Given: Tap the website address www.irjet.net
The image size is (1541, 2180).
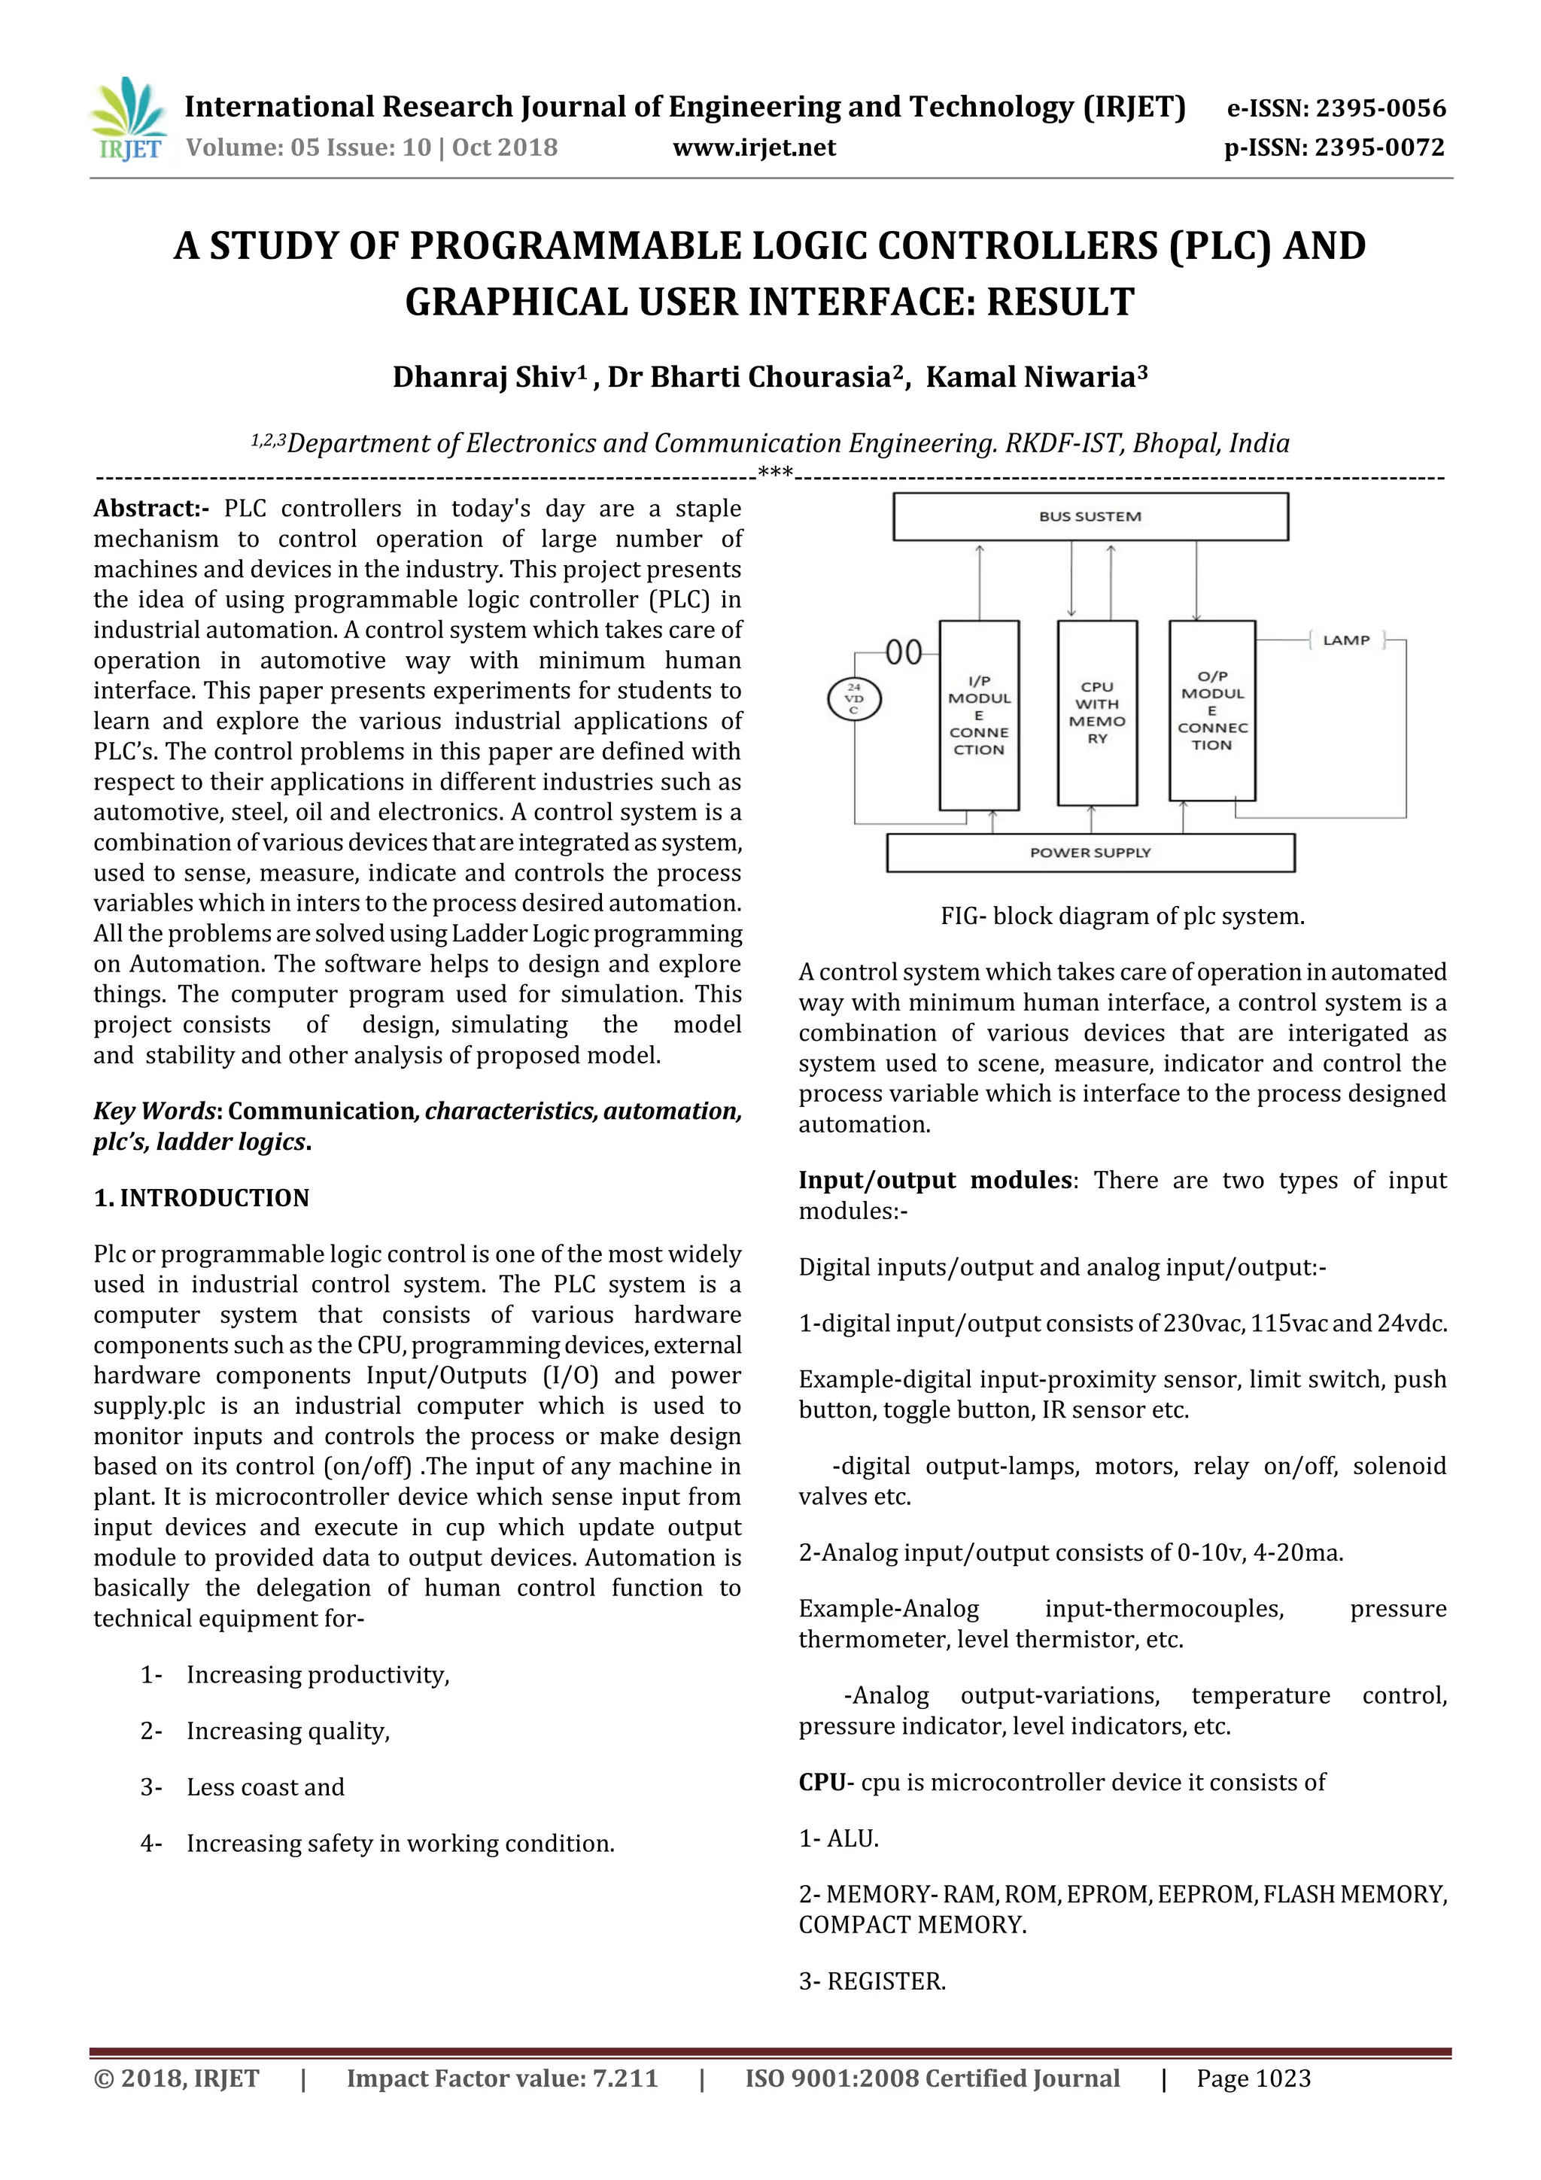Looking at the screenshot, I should (x=754, y=148).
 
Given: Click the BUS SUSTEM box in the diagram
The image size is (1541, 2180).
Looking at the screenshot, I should (x=1090, y=516).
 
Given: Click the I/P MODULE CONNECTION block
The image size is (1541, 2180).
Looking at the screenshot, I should (x=979, y=715).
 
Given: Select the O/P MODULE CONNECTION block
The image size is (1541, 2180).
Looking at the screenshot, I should (x=1211, y=710).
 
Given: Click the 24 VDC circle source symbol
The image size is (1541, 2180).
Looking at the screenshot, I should (x=855, y=700).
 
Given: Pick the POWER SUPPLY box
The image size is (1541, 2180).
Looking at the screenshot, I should (x=1090, y=853).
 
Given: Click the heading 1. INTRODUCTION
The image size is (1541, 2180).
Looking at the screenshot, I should (x=202, y=1198).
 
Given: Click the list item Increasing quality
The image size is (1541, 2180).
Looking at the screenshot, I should (x=287, y=1731).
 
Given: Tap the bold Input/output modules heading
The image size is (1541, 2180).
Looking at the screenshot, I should (x=935, y=1180).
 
